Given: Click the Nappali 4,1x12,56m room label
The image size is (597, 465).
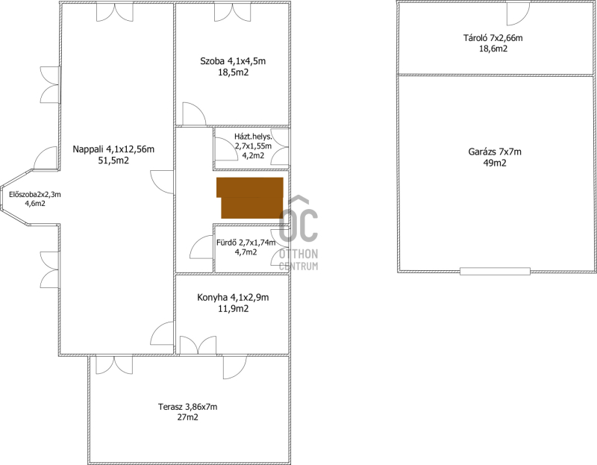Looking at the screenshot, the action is point(113,149).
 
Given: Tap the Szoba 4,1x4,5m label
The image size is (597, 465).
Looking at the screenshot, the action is point(233,61).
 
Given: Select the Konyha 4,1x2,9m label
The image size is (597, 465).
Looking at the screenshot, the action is point(233,297).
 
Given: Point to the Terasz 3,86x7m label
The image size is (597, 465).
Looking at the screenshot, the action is point(188,407).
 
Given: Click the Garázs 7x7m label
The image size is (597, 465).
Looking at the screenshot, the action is point(495,152).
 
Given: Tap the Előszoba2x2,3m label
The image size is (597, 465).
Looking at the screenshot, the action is point(35,195).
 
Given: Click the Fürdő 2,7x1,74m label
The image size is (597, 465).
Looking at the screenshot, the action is point(246,243).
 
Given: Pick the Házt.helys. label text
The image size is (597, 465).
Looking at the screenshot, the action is point(253,137).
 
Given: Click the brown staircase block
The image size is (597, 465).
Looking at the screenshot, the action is point(251,198).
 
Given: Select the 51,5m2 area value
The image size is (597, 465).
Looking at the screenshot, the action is point(113,160).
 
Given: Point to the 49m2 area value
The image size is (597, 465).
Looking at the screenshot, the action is point(495,163).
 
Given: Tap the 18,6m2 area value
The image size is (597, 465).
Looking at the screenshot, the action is point(493,49).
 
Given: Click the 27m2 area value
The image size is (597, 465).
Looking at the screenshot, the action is point(188,417).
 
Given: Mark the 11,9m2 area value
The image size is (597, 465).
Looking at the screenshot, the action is point(233,309).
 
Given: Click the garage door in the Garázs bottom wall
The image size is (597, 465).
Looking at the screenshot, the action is point(495,272).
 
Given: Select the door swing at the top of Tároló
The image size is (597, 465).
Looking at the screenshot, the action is point(518,13).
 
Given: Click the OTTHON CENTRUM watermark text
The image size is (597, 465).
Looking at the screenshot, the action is point(298,260).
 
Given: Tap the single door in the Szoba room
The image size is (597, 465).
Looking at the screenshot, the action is point(195,114).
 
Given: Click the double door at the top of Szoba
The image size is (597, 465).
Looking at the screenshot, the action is point(233,12).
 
